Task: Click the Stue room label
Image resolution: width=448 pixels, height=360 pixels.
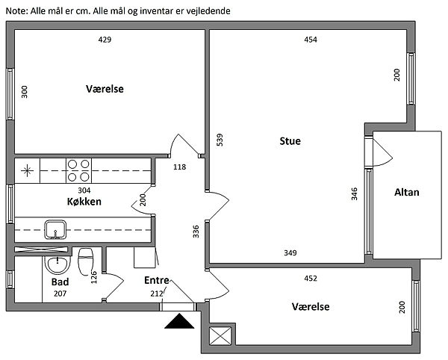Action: pyautogui.click(x=290, y=140)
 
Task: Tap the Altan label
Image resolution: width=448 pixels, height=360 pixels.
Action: pyautogui.click(x=407, y=192)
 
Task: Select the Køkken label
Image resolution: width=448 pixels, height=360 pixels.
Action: pyautogui.click(x=84, y=202)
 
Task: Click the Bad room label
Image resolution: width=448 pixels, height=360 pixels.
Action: pyautogui.click(x=60, y=282)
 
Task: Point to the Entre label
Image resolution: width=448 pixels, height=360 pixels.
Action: pyautogui.click(x=156, y=280)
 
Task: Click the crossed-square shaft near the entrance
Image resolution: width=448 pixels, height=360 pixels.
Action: pyautogui.click(x=222, y=336)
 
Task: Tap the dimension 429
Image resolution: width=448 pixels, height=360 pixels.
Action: pyautogui.click(x=105, y=40)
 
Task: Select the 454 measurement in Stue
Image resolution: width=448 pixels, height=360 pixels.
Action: pyautogui.click(x=311, y=40)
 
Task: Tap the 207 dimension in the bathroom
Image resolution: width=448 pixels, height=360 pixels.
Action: pyautogui.click(x=60, y=294)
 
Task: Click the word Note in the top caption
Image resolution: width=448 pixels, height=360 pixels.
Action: pyautogui.click(x=16, y=11)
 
